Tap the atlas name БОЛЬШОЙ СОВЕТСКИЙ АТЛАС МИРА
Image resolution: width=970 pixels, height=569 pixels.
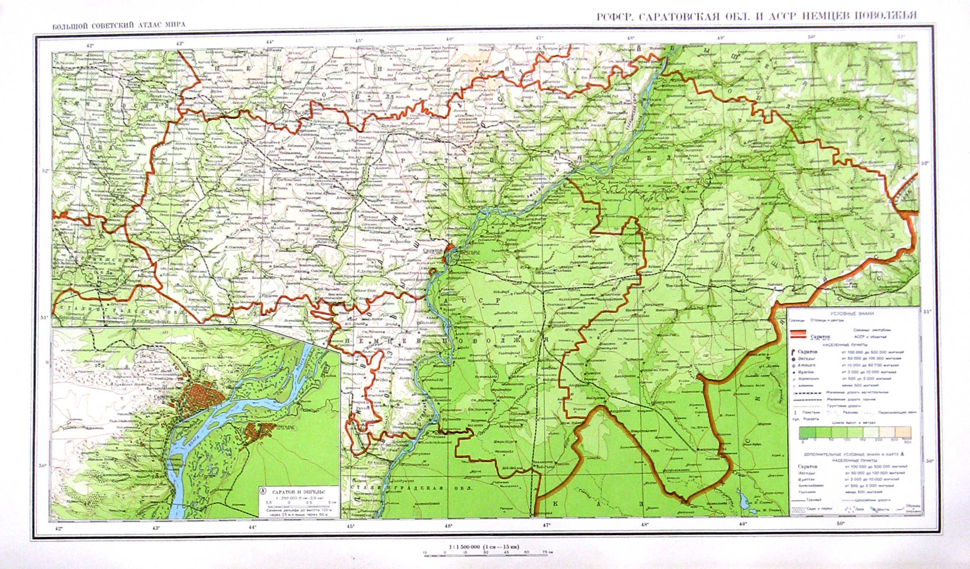coord(118,25)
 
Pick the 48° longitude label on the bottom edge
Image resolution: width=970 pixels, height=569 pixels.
coord(645,524)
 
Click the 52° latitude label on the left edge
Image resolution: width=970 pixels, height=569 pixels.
coord(46,171)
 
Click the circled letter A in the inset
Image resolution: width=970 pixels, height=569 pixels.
coord(263,491)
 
